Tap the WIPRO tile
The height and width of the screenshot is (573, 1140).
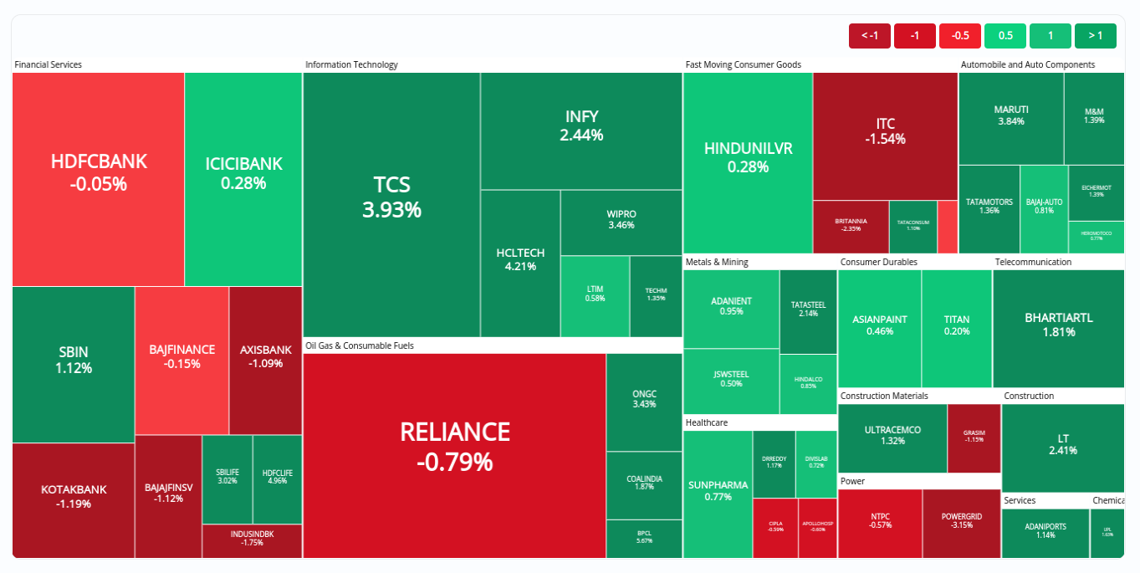[621, 223]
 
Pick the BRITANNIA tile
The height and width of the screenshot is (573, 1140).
[851, 227]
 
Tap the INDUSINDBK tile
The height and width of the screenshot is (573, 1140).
[252, 540]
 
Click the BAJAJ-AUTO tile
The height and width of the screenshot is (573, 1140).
[1044, 208]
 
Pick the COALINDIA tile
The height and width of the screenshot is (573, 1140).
[644, 485]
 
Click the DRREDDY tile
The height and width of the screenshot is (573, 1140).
[774, 463]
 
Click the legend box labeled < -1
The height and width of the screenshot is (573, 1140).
[870, 35]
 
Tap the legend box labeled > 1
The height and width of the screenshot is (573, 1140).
[1095, 35]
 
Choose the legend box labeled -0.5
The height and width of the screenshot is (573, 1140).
[960, 35]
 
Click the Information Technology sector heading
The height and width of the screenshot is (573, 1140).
[351, 64]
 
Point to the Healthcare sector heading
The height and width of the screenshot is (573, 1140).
[707, 422]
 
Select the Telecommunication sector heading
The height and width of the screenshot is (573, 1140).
[1033, 262]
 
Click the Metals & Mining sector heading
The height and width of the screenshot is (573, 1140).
[717, 262]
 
